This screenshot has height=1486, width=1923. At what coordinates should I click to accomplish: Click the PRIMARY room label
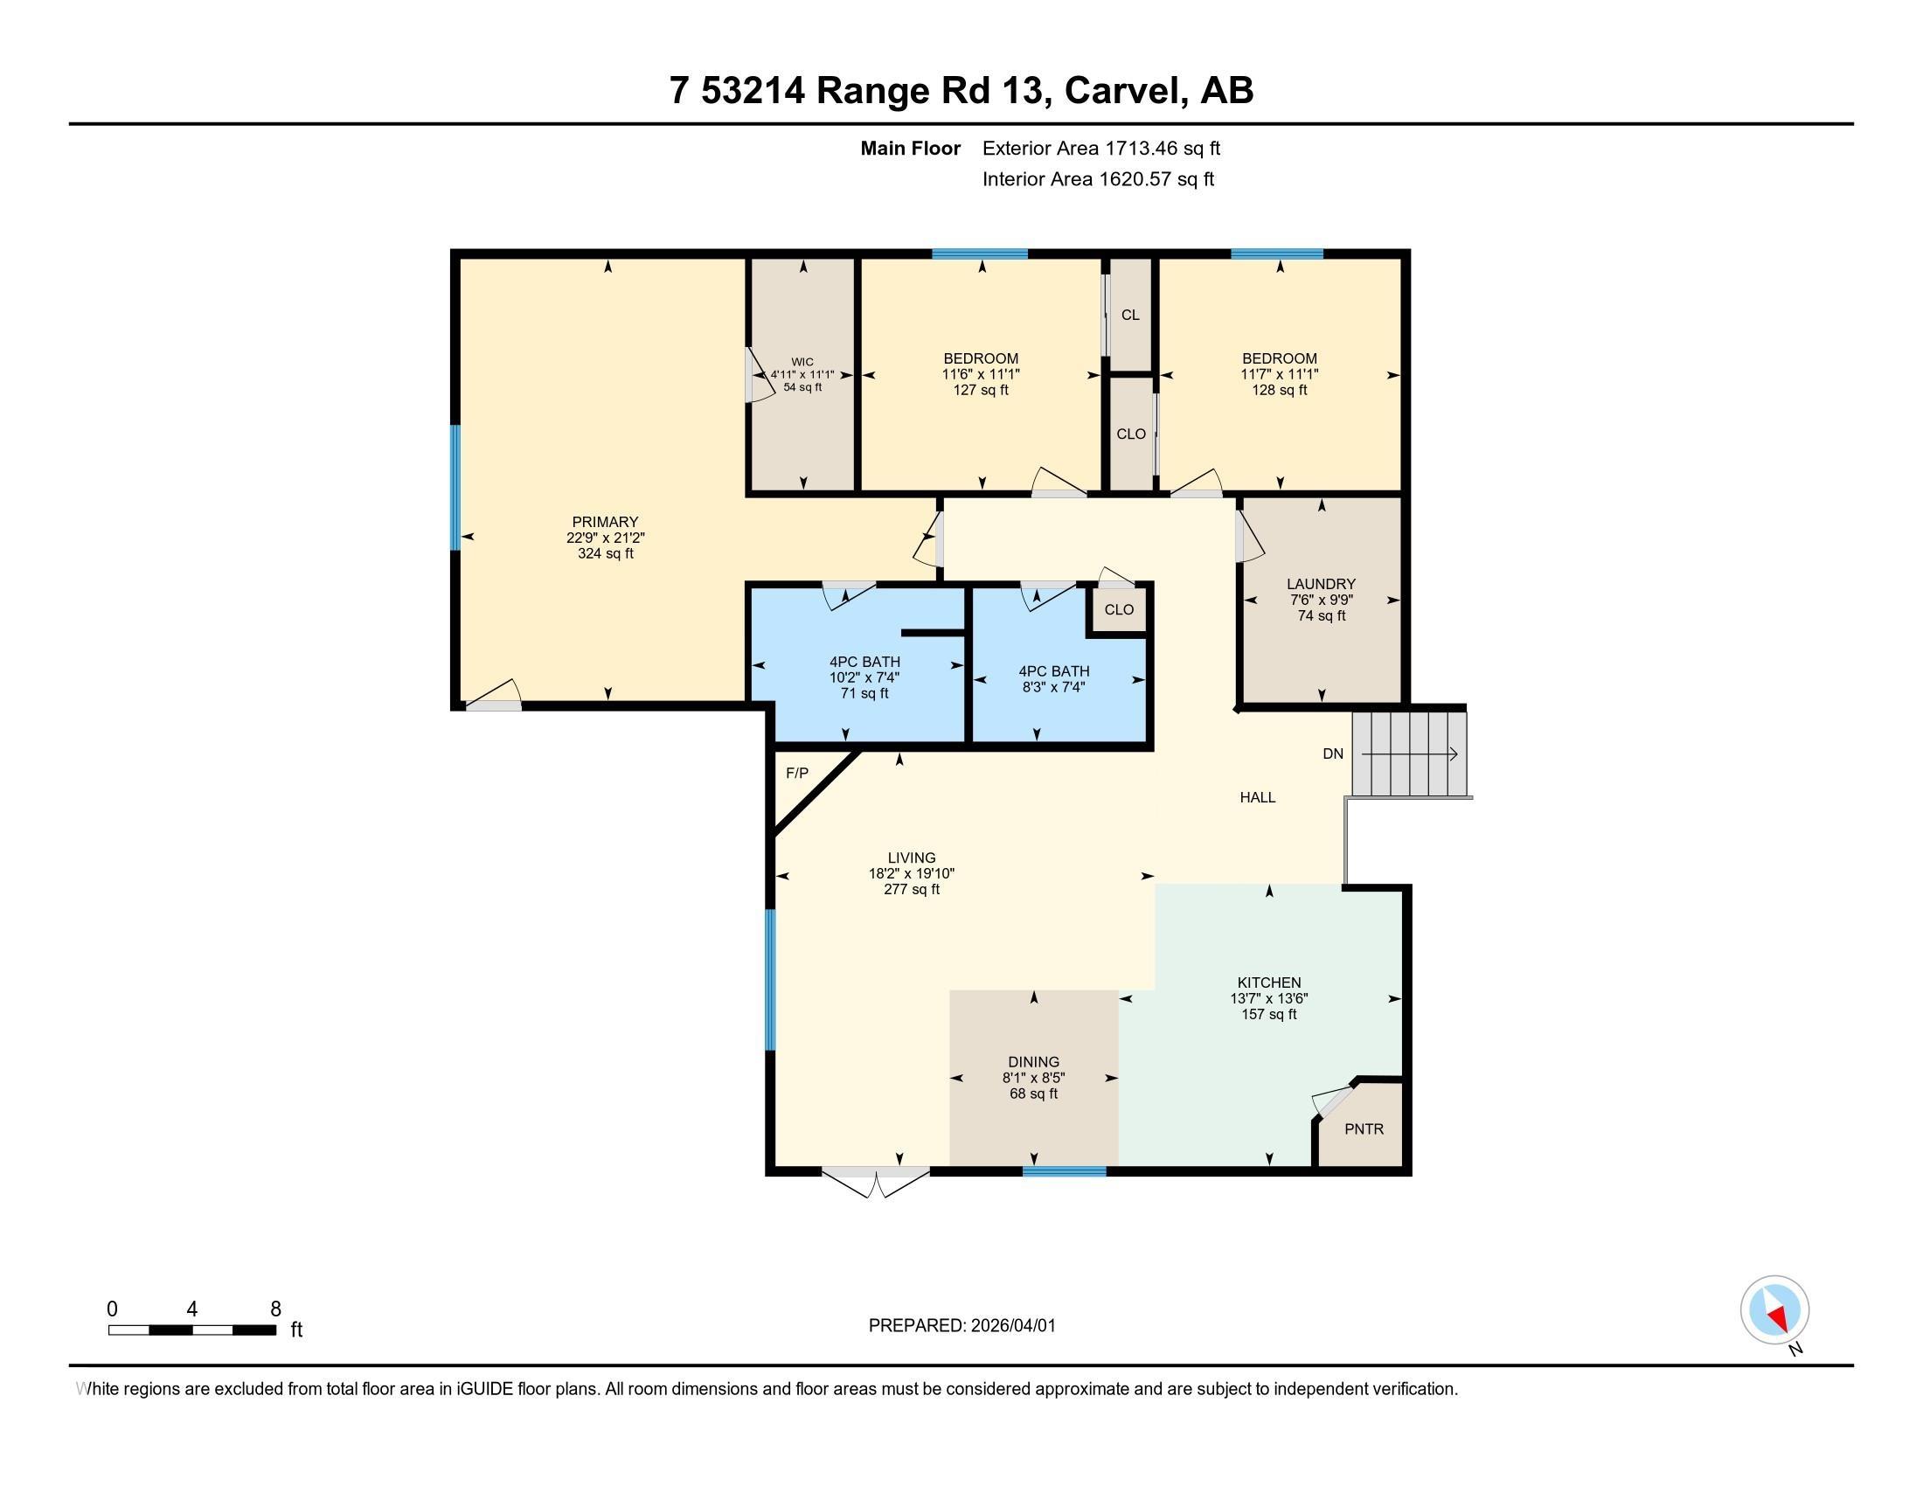point(605,522)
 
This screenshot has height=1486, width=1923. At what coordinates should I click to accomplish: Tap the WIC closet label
point(802,362)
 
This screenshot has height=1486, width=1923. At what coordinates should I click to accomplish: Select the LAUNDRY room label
point(1321,584)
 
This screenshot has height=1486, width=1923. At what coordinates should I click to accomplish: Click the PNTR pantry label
point(1364,1128)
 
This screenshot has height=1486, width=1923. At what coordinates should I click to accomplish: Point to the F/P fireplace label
point(797,773)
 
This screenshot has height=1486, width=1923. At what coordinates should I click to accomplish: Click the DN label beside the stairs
point(1333,753)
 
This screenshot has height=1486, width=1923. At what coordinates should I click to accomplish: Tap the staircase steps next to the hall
point(1411,754)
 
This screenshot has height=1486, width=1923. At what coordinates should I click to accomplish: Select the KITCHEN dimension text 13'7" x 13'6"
point(1269,998)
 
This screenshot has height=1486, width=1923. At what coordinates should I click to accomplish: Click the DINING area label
point(1034,1062)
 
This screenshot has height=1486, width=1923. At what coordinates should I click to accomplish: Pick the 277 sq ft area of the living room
point(912,889)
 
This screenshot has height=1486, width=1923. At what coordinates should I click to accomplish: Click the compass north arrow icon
point(1775,1310)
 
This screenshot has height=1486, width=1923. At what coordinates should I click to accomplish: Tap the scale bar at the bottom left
point(192,1330)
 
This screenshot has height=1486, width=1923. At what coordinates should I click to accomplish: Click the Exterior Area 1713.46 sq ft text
point(1101,149)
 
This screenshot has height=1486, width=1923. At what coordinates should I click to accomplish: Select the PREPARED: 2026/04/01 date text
point(962,1326)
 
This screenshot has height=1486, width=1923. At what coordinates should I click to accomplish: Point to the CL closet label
point(1130,316)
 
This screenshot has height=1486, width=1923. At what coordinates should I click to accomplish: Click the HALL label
point(1257,797)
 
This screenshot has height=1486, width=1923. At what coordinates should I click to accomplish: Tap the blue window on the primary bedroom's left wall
point(455,488)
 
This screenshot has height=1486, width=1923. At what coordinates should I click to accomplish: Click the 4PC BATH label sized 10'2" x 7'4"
point(864,662)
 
